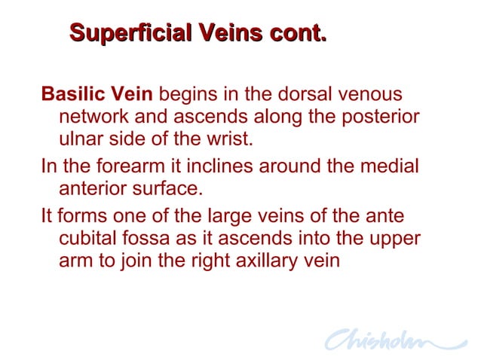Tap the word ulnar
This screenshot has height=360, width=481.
(x=79, y=140)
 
